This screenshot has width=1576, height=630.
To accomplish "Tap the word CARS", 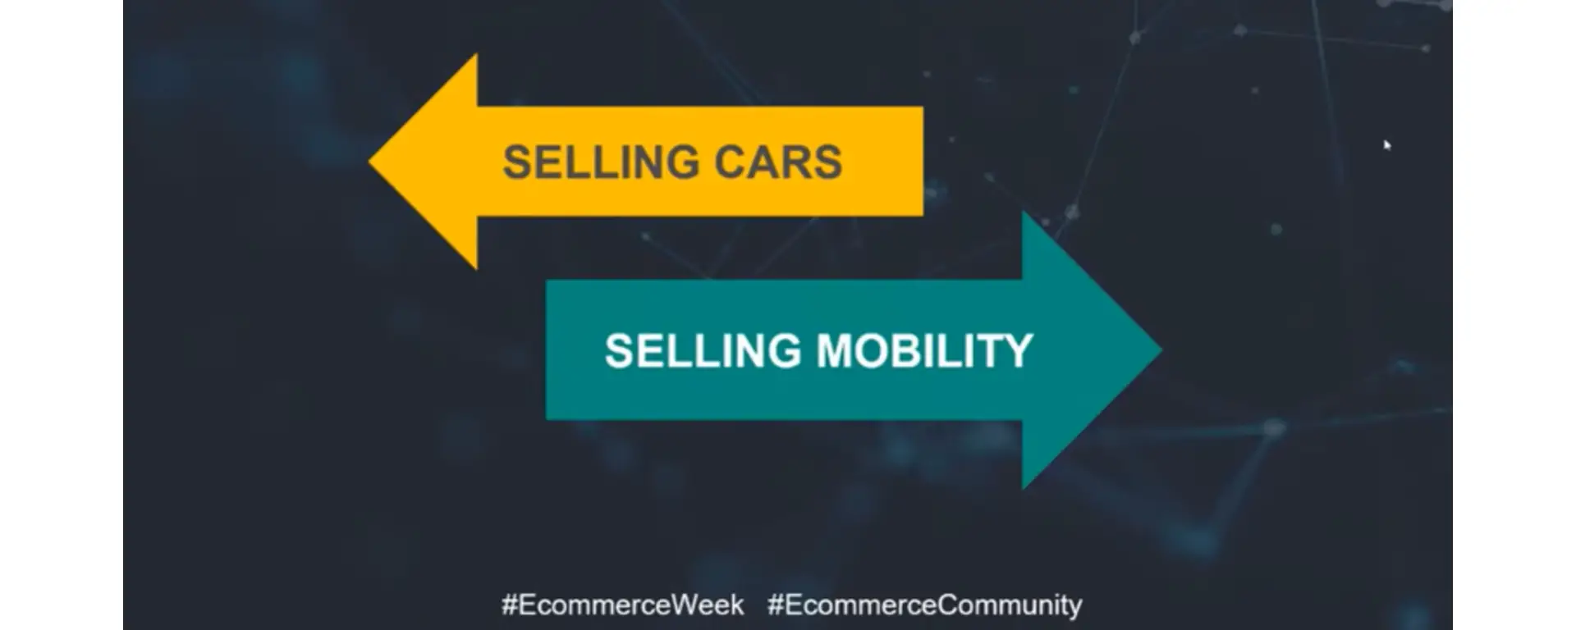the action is point(778,162).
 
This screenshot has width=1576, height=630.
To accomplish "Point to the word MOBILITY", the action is point(924,351).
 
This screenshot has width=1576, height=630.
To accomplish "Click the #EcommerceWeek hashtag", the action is point(623,605).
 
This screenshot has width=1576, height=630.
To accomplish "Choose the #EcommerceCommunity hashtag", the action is point(925,605).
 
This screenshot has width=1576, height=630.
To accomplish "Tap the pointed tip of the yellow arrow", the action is point(369,162).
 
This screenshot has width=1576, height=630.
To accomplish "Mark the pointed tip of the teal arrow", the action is point(1161,350).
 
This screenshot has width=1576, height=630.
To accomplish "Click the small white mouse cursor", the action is point(1387,145).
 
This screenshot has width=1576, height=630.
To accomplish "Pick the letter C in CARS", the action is point(729,162).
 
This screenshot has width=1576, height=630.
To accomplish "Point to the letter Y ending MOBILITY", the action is point(1018,351).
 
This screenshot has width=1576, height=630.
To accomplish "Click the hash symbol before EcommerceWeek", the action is point(509,605).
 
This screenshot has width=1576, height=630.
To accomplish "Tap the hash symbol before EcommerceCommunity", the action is point(775,605).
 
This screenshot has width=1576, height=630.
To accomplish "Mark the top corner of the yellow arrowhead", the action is point(476,55).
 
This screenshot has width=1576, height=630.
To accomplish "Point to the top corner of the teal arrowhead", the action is point(1023,212).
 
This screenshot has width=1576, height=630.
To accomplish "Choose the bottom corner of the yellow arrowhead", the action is point(476,268).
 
